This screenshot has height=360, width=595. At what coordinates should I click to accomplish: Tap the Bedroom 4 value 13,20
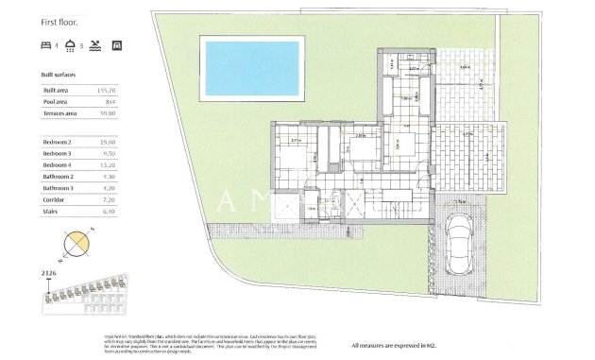[108, 164]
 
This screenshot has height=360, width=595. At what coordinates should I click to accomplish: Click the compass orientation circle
[75, 246]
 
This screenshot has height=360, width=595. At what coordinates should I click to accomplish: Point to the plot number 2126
[51, 273]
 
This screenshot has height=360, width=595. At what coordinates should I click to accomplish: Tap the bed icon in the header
[47, 44]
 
